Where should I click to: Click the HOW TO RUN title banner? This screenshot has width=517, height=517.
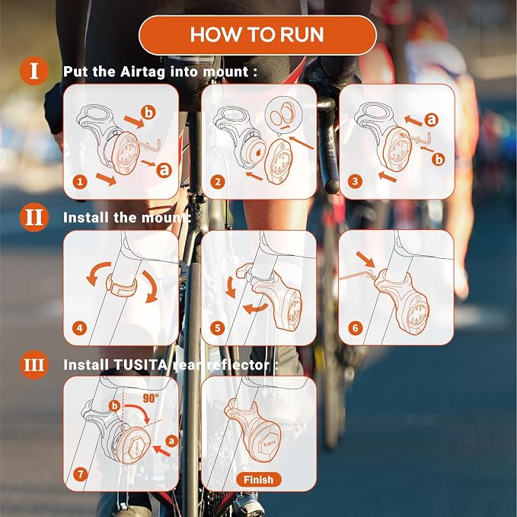tap(257, 34)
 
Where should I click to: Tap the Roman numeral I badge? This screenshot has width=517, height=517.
tap(34, 71)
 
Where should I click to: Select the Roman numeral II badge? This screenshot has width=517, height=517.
tap(34, 217)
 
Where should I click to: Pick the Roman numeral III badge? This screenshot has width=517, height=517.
tap(34, 365)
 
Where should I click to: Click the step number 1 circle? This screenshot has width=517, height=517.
tap(80, 182)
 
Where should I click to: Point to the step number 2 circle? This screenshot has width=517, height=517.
tap(218, 182)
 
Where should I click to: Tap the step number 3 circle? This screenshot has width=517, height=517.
tap(355, 181)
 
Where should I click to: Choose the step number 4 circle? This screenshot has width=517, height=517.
tap(80, 328)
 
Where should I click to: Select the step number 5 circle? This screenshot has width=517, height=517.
tap(218, 328)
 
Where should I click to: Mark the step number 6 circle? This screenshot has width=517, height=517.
tap(355, 328)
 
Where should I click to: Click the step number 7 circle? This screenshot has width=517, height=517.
tap(80, 474)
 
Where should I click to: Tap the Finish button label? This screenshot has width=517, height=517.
tap(259, 480)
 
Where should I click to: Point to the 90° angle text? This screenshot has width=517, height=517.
tap(151, 398)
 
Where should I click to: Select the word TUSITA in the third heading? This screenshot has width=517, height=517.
tap(140, 365)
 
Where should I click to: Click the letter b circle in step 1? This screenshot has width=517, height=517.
tap(148, 113)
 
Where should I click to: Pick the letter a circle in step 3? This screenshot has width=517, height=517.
tap(432, 120)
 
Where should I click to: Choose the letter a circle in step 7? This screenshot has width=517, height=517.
tap(171, 441)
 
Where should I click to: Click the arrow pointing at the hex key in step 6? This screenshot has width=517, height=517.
tap(365, 260)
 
